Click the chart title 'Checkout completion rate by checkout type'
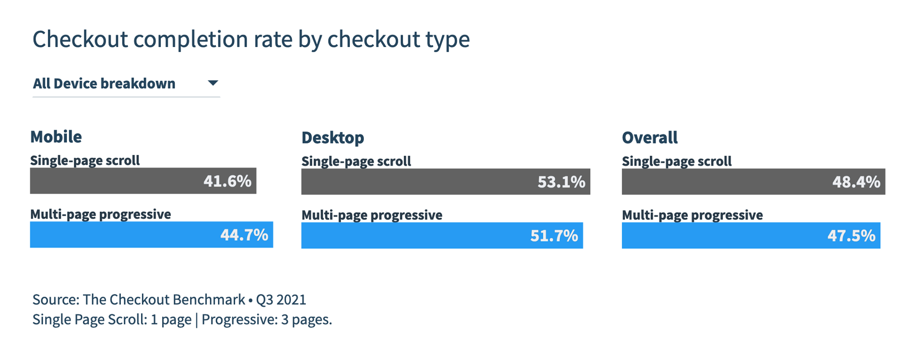click(251, 39)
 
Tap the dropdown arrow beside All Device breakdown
click(213, 83)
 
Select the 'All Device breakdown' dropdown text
click(104, 84)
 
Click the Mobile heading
click(56, 137)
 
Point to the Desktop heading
click(333, 138)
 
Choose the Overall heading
click(650, 138)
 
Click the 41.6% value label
click(227, 181)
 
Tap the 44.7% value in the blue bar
click(244, 235)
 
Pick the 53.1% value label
click(561, 182)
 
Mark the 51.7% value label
click(554, 236)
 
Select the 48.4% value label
click(856, 182)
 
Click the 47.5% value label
click(851, 236)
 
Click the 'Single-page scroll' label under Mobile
click(85, 160)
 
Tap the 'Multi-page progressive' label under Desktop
click(372, 215)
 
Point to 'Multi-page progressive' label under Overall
click(692, 215)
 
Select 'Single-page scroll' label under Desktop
click(356, 161)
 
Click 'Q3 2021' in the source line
click(281, 300)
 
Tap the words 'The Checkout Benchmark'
click(163, 300)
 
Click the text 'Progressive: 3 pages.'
click(267, 320)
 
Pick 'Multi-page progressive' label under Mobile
click(101, 214)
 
